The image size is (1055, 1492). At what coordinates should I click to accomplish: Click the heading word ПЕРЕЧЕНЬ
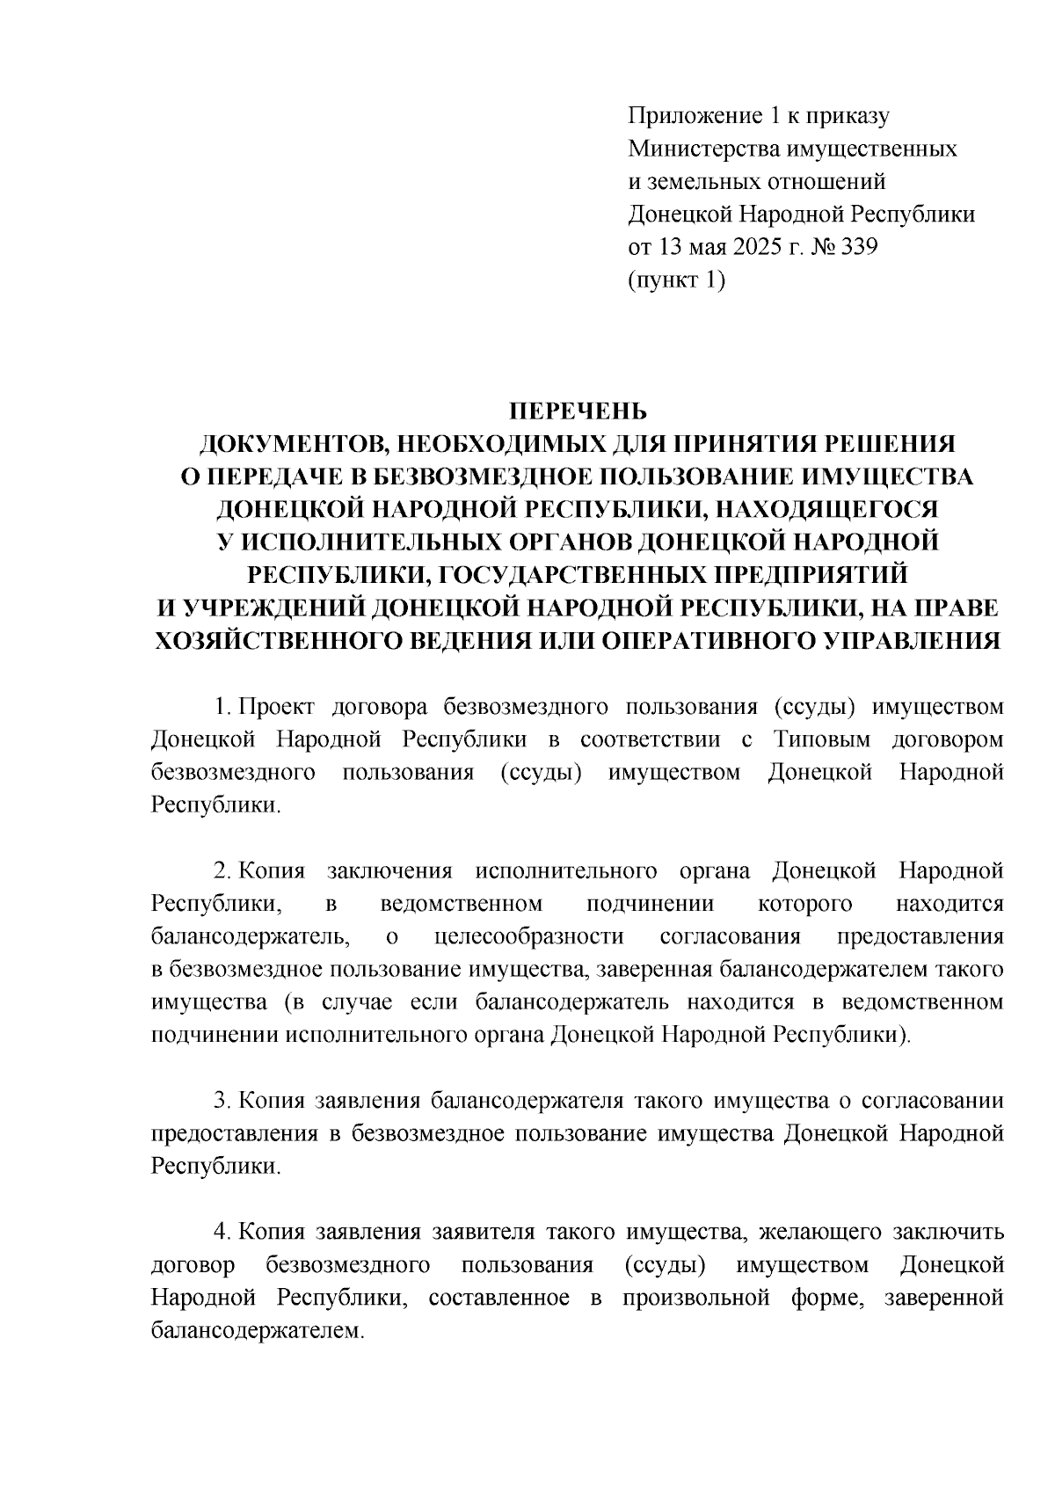[x=578, y=411]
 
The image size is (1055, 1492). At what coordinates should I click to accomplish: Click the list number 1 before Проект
[x=222, y=707]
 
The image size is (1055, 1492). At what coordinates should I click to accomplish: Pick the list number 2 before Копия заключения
[x=222, y=871]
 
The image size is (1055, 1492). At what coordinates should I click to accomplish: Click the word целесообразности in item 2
[x=529, y=937]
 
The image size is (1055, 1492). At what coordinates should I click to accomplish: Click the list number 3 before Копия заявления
[x=222, y=1101]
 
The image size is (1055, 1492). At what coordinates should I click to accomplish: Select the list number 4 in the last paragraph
[x=222, y=1233]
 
